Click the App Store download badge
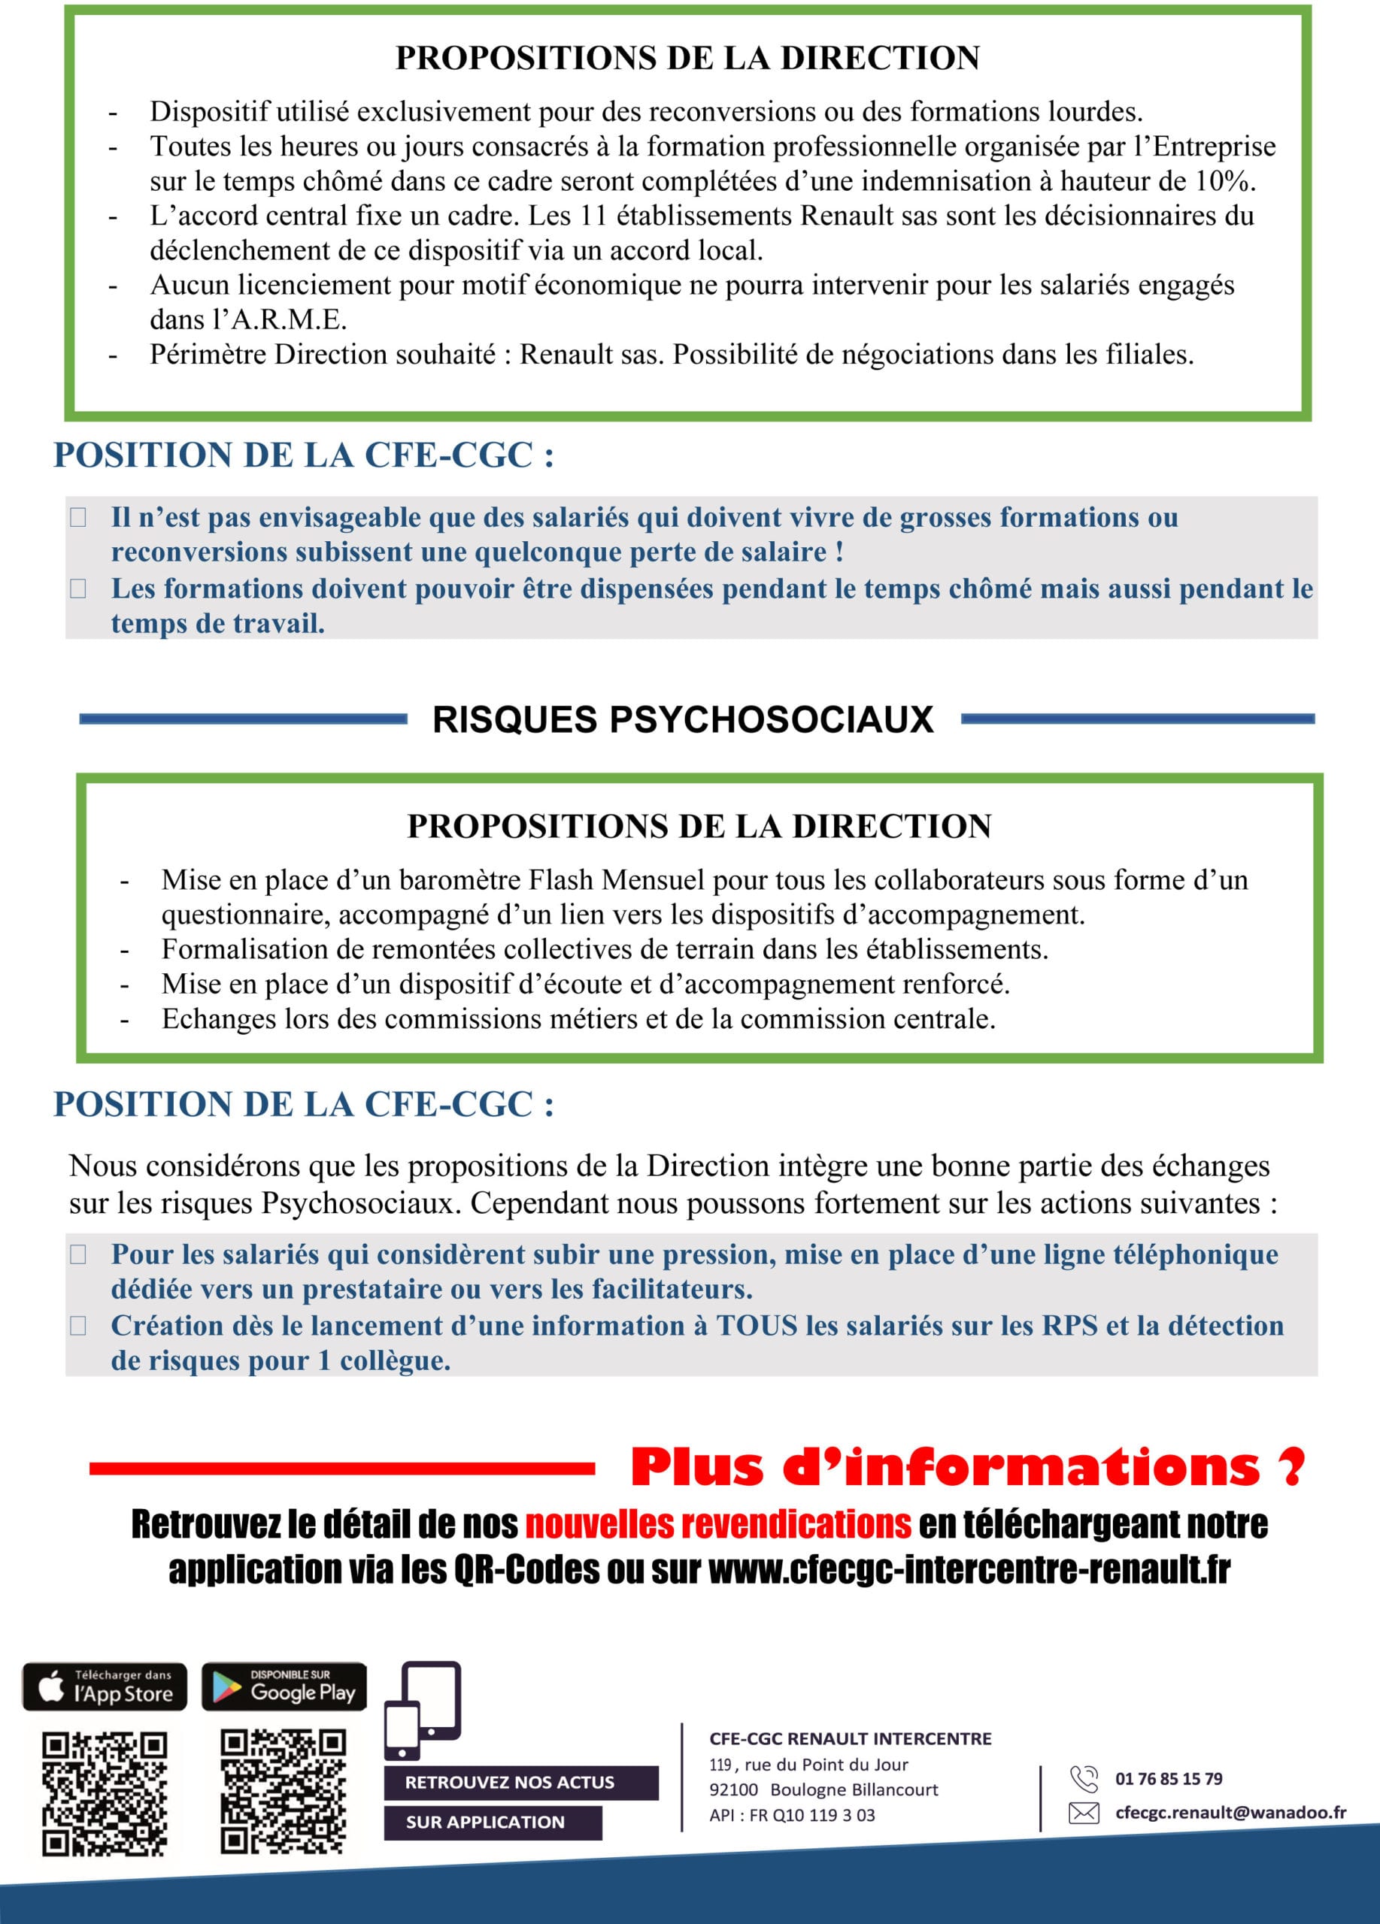105,1686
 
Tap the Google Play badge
284,1686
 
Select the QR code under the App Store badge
105,1794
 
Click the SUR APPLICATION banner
493,1823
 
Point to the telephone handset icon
1084,1779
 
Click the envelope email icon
1083,1813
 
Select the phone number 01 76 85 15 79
1169,1779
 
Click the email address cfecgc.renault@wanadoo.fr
1230,1813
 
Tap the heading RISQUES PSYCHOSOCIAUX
682,719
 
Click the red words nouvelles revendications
718,1524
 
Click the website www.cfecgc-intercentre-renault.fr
969,1570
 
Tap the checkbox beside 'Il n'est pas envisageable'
78,518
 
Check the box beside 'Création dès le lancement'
78,1326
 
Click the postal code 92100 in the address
733,1790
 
